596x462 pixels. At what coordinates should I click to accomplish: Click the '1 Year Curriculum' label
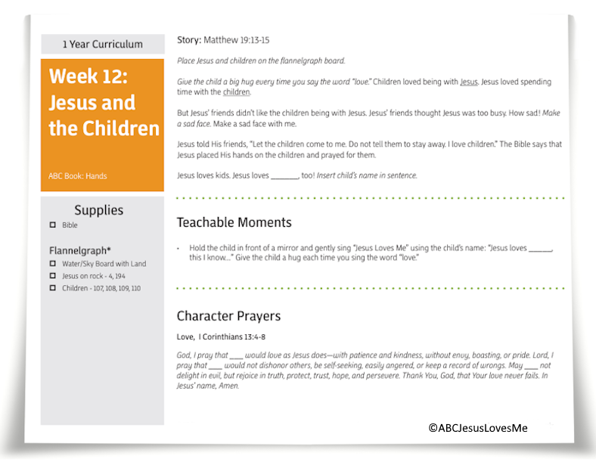click(x=102, y=45)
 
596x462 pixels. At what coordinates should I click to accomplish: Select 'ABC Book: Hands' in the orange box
click(x=78, y=176)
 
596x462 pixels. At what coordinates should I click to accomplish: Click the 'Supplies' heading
click(x=98, y=210)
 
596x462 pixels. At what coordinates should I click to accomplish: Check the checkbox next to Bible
click(x=53, y=225)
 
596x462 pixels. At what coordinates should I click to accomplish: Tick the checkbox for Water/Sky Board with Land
click(x=53, y=264)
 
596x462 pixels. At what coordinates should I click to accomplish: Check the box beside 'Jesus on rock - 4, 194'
click(x=53, y=276)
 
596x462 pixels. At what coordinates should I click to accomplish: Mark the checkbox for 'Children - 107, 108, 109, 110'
click(x=53, y=288)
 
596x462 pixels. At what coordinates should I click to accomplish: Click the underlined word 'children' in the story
click(x=236, y=92)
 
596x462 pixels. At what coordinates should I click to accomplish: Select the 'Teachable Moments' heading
click(x=234, y=222)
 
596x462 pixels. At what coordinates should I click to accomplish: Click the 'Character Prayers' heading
click(x=228, y=316)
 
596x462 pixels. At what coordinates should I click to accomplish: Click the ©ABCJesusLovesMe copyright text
click(x=477, y=428)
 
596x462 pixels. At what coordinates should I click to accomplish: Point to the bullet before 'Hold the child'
click(x=178, y=248)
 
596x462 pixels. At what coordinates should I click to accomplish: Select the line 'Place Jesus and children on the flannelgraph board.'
click(x=261, y=60)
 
